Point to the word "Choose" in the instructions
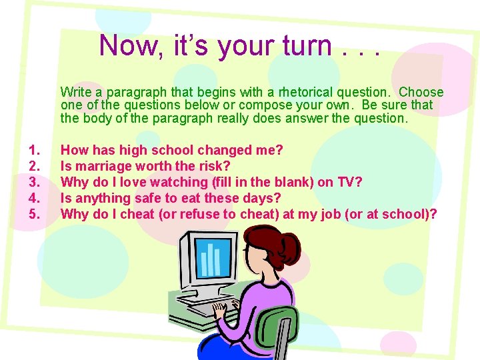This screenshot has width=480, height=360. pyautogui.click(x=419, y=92)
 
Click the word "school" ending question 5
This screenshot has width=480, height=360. pyautogui.click(x=407, y=214)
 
